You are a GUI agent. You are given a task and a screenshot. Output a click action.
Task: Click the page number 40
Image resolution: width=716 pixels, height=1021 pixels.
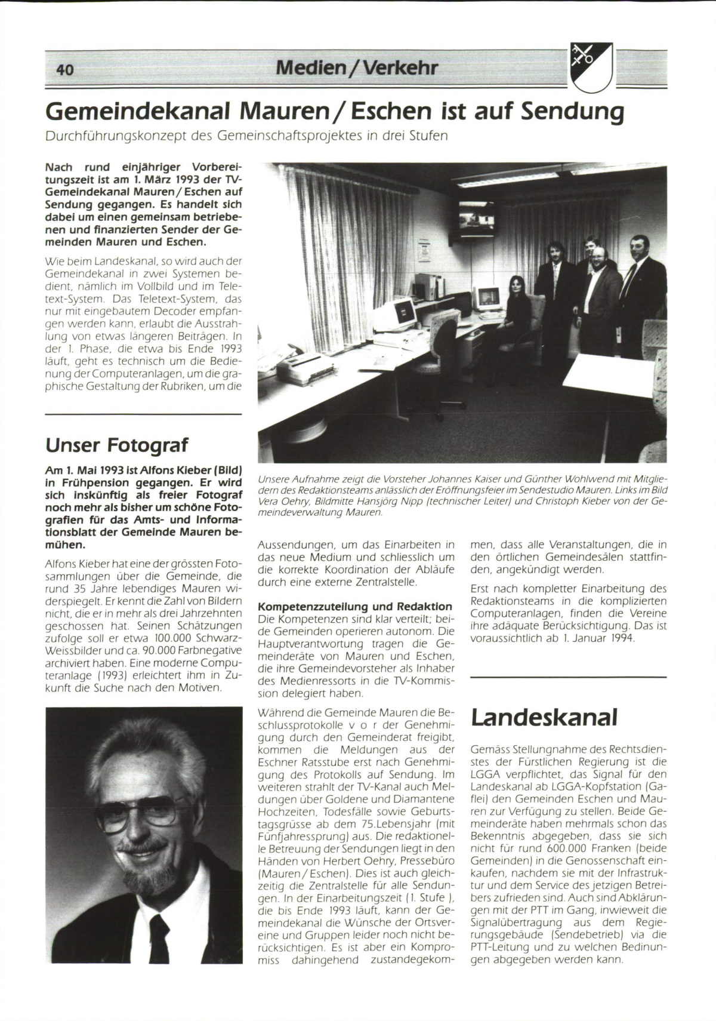coord(64,70)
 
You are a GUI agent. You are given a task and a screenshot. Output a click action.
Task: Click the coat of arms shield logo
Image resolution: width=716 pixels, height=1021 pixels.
coord(590,67)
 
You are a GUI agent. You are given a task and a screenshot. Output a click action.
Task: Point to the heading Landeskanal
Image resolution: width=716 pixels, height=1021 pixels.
coord(544,718)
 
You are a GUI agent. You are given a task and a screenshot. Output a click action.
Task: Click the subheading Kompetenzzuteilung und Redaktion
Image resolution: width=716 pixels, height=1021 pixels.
coord(354,607)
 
